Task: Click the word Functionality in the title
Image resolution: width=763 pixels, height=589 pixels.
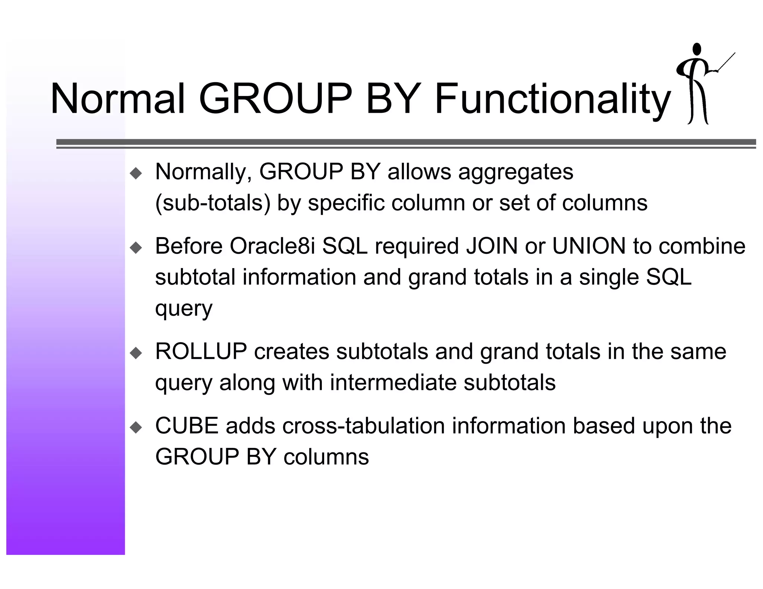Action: coord(552,99)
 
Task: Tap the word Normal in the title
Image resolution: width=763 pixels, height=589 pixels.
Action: coord(117,99)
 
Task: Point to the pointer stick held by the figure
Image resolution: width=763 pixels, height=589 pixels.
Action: coord(726,62)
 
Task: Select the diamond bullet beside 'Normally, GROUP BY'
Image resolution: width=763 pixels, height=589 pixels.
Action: coord(136,173)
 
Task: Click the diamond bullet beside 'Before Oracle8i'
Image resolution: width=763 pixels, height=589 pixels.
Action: coord(136,248)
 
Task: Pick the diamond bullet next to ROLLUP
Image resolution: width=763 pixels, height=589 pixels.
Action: coord(136,353)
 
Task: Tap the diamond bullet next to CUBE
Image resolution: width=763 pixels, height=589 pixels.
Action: coord(136,427)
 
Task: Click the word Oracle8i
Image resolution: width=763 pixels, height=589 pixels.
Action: coord(272,246)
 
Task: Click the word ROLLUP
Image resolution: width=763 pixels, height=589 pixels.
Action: coord(201,351)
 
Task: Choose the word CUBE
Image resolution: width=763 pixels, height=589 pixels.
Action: coord(187,426)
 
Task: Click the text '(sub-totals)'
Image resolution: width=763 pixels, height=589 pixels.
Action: coord(213,203)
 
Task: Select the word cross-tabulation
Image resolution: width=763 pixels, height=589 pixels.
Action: coord(363,426)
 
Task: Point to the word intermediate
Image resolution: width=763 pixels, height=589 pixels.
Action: coord(393,382)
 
